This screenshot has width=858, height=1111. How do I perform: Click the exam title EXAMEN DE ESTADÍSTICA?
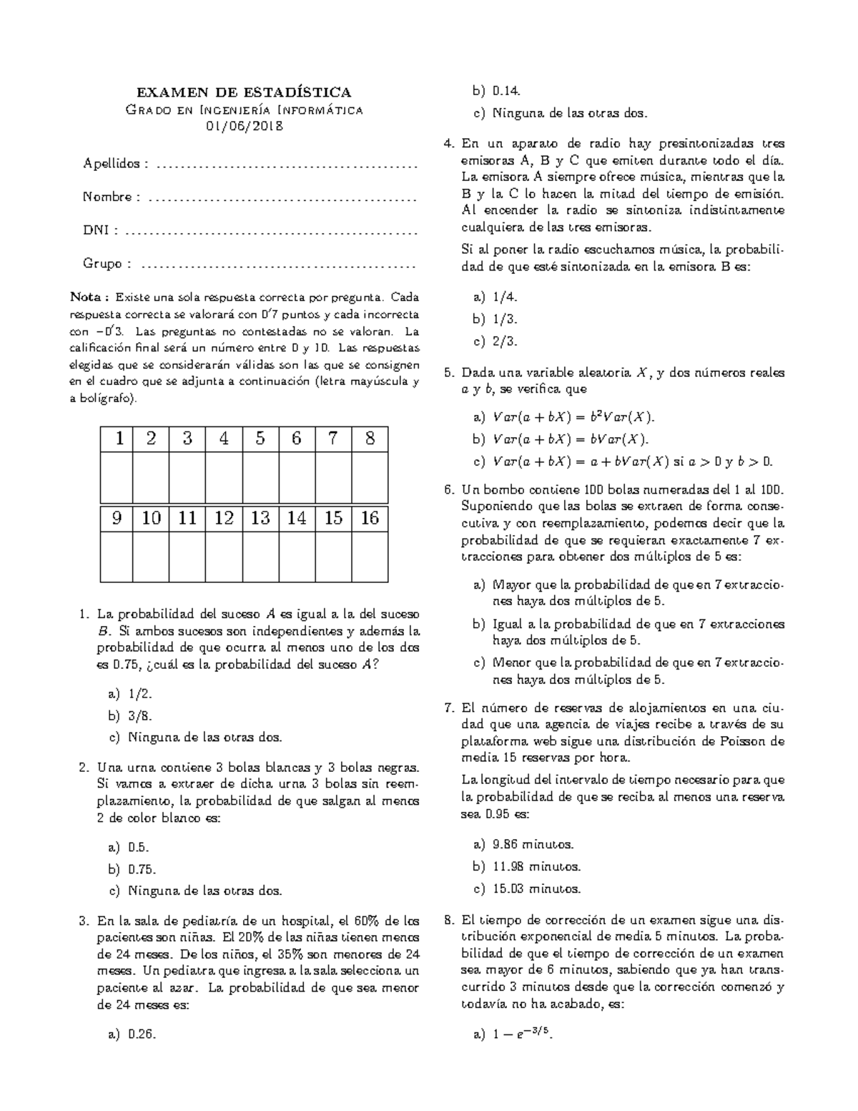click(244, 92)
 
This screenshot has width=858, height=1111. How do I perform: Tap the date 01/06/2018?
click(244, 127)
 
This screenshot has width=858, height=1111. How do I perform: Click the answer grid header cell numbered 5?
click(260, 439)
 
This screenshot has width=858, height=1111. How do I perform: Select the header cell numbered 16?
click(370, 518)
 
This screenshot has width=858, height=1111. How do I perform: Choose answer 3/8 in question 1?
click(140, 715)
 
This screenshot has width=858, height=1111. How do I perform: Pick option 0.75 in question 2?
click(142, 869)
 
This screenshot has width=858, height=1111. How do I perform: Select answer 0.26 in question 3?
click(142, 1034)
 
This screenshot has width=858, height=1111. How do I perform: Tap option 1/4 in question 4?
click(505, 297)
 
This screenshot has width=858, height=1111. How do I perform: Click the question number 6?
click(449, 490)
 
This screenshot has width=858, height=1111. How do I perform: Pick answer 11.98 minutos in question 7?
click(536, 867)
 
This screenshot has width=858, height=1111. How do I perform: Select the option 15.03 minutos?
click(536, 889)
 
